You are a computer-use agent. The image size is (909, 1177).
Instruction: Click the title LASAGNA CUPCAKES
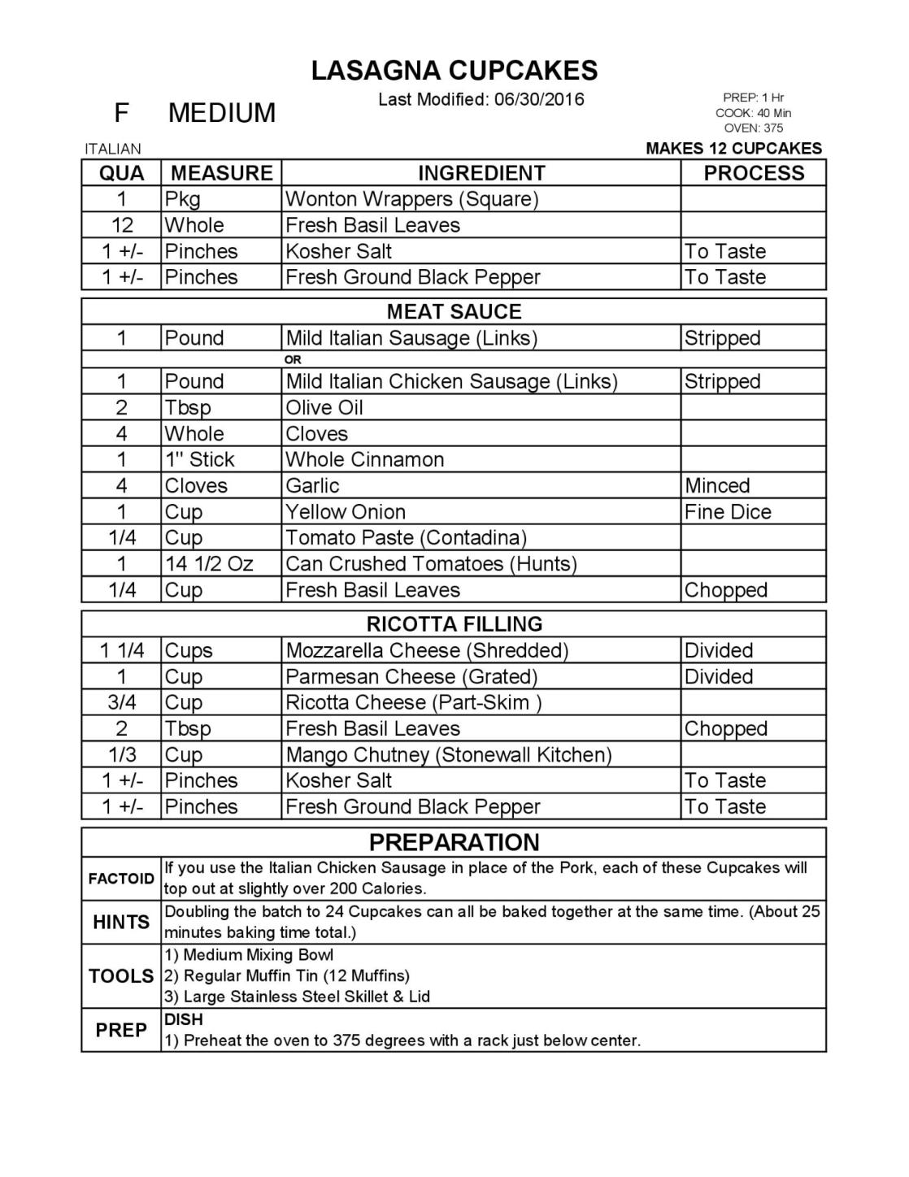tap(454, 71)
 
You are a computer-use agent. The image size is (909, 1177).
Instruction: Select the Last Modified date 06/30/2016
tap(539, 100)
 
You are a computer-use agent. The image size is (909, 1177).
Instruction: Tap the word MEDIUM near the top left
tap(221, 113)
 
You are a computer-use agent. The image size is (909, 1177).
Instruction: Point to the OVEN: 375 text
tap(753, 128)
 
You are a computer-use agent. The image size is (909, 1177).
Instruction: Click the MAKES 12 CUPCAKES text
tap(733, 149)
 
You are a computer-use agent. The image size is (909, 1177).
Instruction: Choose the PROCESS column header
tap(753, 173)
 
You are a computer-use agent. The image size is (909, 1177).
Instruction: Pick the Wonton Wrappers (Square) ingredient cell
tap(411, 199)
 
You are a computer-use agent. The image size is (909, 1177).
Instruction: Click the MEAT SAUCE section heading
tap(454, 311)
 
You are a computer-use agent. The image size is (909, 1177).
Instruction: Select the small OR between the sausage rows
tap(293, 359)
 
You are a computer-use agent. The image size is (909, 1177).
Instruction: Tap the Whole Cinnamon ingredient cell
tap(364, 459)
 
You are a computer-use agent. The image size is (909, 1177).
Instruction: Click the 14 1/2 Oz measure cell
tap(209, 563)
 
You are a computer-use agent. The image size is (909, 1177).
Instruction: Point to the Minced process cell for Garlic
tap(716, 485)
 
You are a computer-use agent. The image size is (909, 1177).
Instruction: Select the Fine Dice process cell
tap(727, 511)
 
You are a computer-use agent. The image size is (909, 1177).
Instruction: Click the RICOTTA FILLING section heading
tap(454, 624)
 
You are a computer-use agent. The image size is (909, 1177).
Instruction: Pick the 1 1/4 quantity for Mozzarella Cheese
tap(122, 650)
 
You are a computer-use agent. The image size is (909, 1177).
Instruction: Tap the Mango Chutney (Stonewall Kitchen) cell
tap(448, 754)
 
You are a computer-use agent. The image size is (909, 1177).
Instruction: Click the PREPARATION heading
tap(454, 842)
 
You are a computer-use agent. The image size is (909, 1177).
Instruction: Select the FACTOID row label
tap(121, 879)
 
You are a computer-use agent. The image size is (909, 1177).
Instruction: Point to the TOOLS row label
tap(121, 975)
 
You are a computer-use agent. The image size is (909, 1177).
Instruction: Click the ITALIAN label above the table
tap(113, 149)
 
